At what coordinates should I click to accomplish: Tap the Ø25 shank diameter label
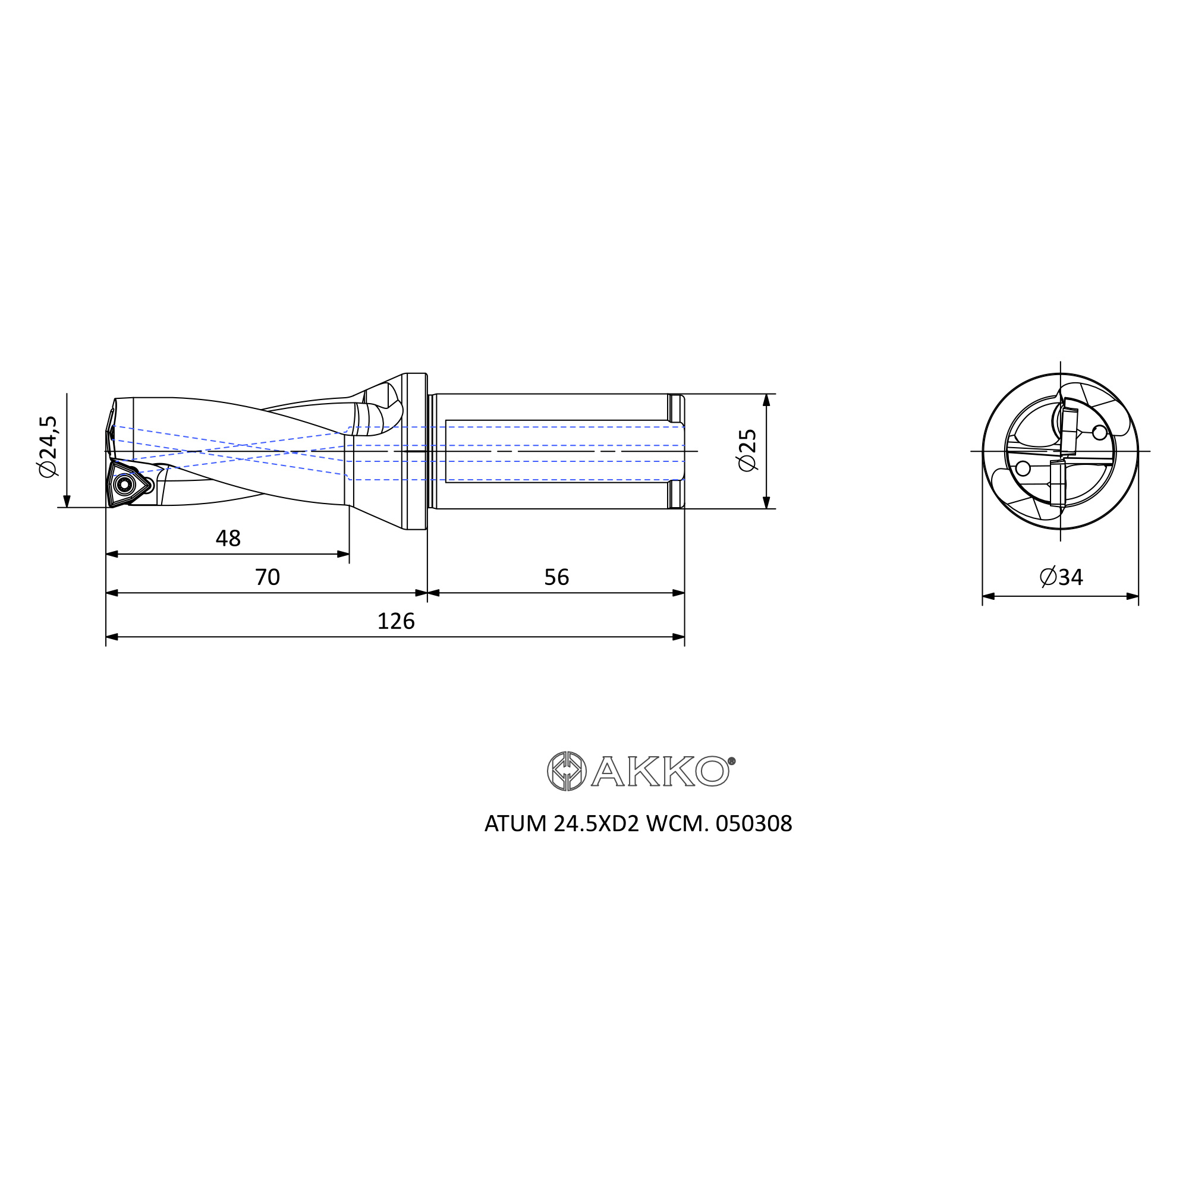point(748,451)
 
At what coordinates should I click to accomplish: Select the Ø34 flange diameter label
point(1061,577)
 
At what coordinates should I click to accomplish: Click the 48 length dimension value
point(228,539)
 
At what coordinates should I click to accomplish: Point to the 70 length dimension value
point(267,577)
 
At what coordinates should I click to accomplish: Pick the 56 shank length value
point(556,577)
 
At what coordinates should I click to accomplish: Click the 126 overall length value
point(396,622)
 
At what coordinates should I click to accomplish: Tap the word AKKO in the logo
point(660,771)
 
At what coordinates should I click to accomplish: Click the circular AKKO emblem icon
point(566,771)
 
